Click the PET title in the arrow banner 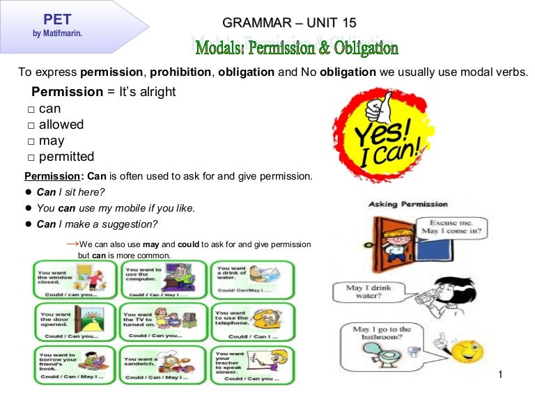pyautogui.click(x=57, y=19)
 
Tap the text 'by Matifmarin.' pyautogui.click(x=57, y=32)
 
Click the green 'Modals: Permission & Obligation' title pyautogui.click(x=297, y=48)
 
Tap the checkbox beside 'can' pyautogui.click(x=31, y=109)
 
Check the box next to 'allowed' pyautogui.click(x=31, y=125)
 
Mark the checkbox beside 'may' pyautogui.click(x=31, y=141)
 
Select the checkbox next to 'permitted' pyautogui.click(x=31, y=157)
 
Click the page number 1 pyautogui.click(x=500, y=376)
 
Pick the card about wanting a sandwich pyautogui.click(x=163, y=364)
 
